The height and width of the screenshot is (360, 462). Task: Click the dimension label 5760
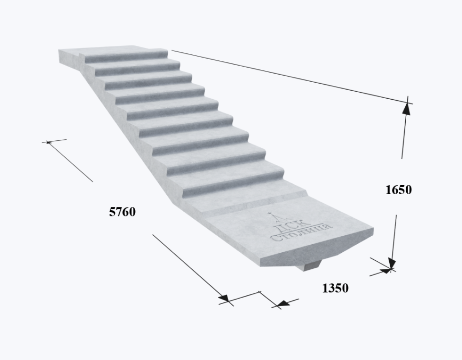[122, 212]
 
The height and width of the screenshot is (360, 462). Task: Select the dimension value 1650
[398, 190]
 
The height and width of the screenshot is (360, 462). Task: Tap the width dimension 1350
[335, 288]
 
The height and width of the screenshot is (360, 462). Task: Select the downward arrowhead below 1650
[392, 263]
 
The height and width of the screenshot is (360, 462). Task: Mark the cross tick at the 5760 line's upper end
[48, 142]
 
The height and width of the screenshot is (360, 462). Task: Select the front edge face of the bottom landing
[317, 247]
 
